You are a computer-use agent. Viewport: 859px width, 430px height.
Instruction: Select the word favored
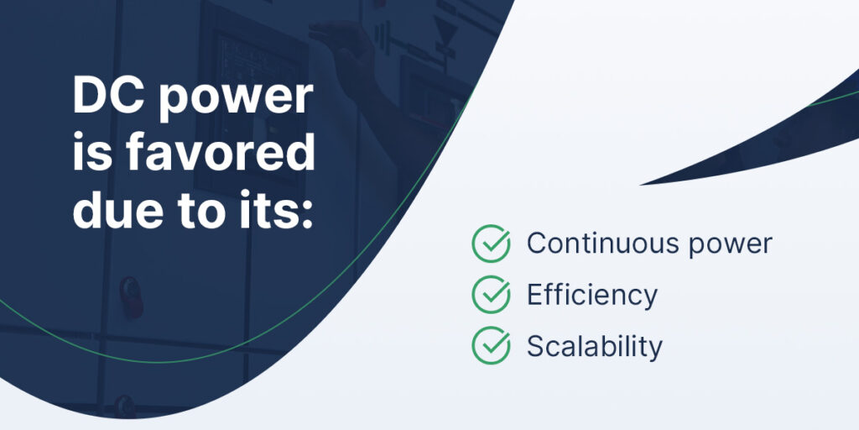(x=221, y=155)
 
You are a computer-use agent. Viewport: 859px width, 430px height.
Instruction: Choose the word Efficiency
(x=591, y=295)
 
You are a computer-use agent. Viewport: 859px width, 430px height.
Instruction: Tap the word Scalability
(x=595, y=345)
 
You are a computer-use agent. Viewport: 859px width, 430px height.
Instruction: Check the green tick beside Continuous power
(x=491, y=243)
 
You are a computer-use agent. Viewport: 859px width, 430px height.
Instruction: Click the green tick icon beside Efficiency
(x=491, y=294)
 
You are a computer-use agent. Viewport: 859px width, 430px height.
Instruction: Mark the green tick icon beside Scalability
(x=491, y=345)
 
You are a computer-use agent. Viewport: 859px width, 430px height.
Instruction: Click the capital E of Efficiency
(x=534, y=295)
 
